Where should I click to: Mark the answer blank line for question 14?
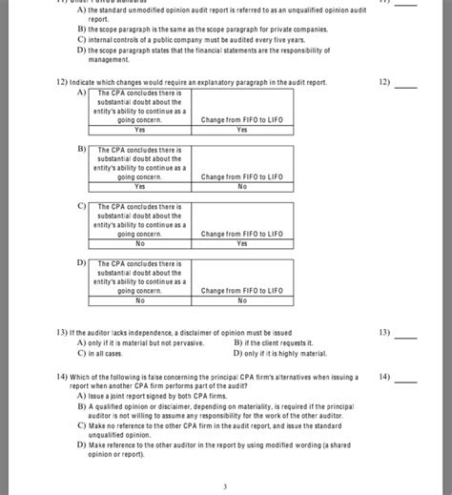(406, 381)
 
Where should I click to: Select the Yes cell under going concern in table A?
(140, 130)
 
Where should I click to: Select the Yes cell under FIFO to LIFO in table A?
(241, 130)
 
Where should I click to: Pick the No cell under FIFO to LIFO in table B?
(241, 186)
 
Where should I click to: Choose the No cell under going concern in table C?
(140, 243)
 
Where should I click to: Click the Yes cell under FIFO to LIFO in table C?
(241, 243)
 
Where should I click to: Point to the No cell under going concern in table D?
(140, 299)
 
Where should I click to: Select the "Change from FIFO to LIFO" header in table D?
(241, 290)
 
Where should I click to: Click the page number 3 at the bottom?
(225, 485)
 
